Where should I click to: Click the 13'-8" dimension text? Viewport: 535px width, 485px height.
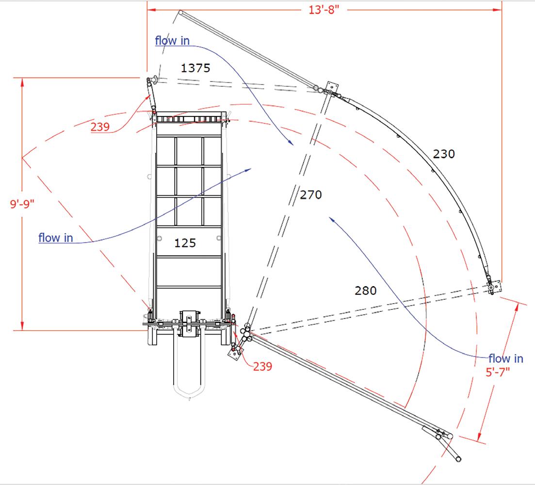click(x=324, y=10)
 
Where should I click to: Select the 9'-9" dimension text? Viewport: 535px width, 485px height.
click(x=22, y=204)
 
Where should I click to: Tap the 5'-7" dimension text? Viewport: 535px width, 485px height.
click(x=498, y=372)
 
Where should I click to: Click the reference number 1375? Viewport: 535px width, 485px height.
click(x=195, y=68)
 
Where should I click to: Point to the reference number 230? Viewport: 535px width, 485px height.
click(x=444, y=154)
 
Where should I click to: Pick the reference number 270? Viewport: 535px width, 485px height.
click(x=311, y=195)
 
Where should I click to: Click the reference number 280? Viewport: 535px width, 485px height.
click(x=366, y=291)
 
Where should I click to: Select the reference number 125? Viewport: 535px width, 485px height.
click(x=185, y=243)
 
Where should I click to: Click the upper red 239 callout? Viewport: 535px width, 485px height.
click(x=100, y=127)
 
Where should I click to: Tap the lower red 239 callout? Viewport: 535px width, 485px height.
click(x=262, y=367)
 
